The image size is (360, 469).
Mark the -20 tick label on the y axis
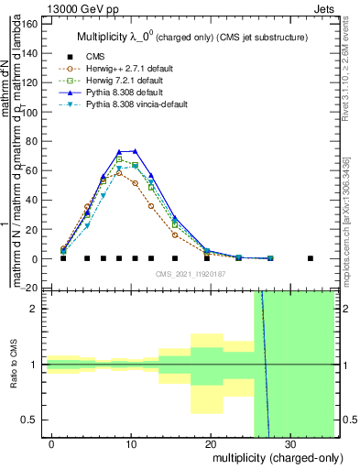(x=29, y=288)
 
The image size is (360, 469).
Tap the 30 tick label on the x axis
(x=289, y=444)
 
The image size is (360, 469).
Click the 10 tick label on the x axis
(x=131, y=444)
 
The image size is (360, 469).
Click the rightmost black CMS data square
(x=311, y=258)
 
